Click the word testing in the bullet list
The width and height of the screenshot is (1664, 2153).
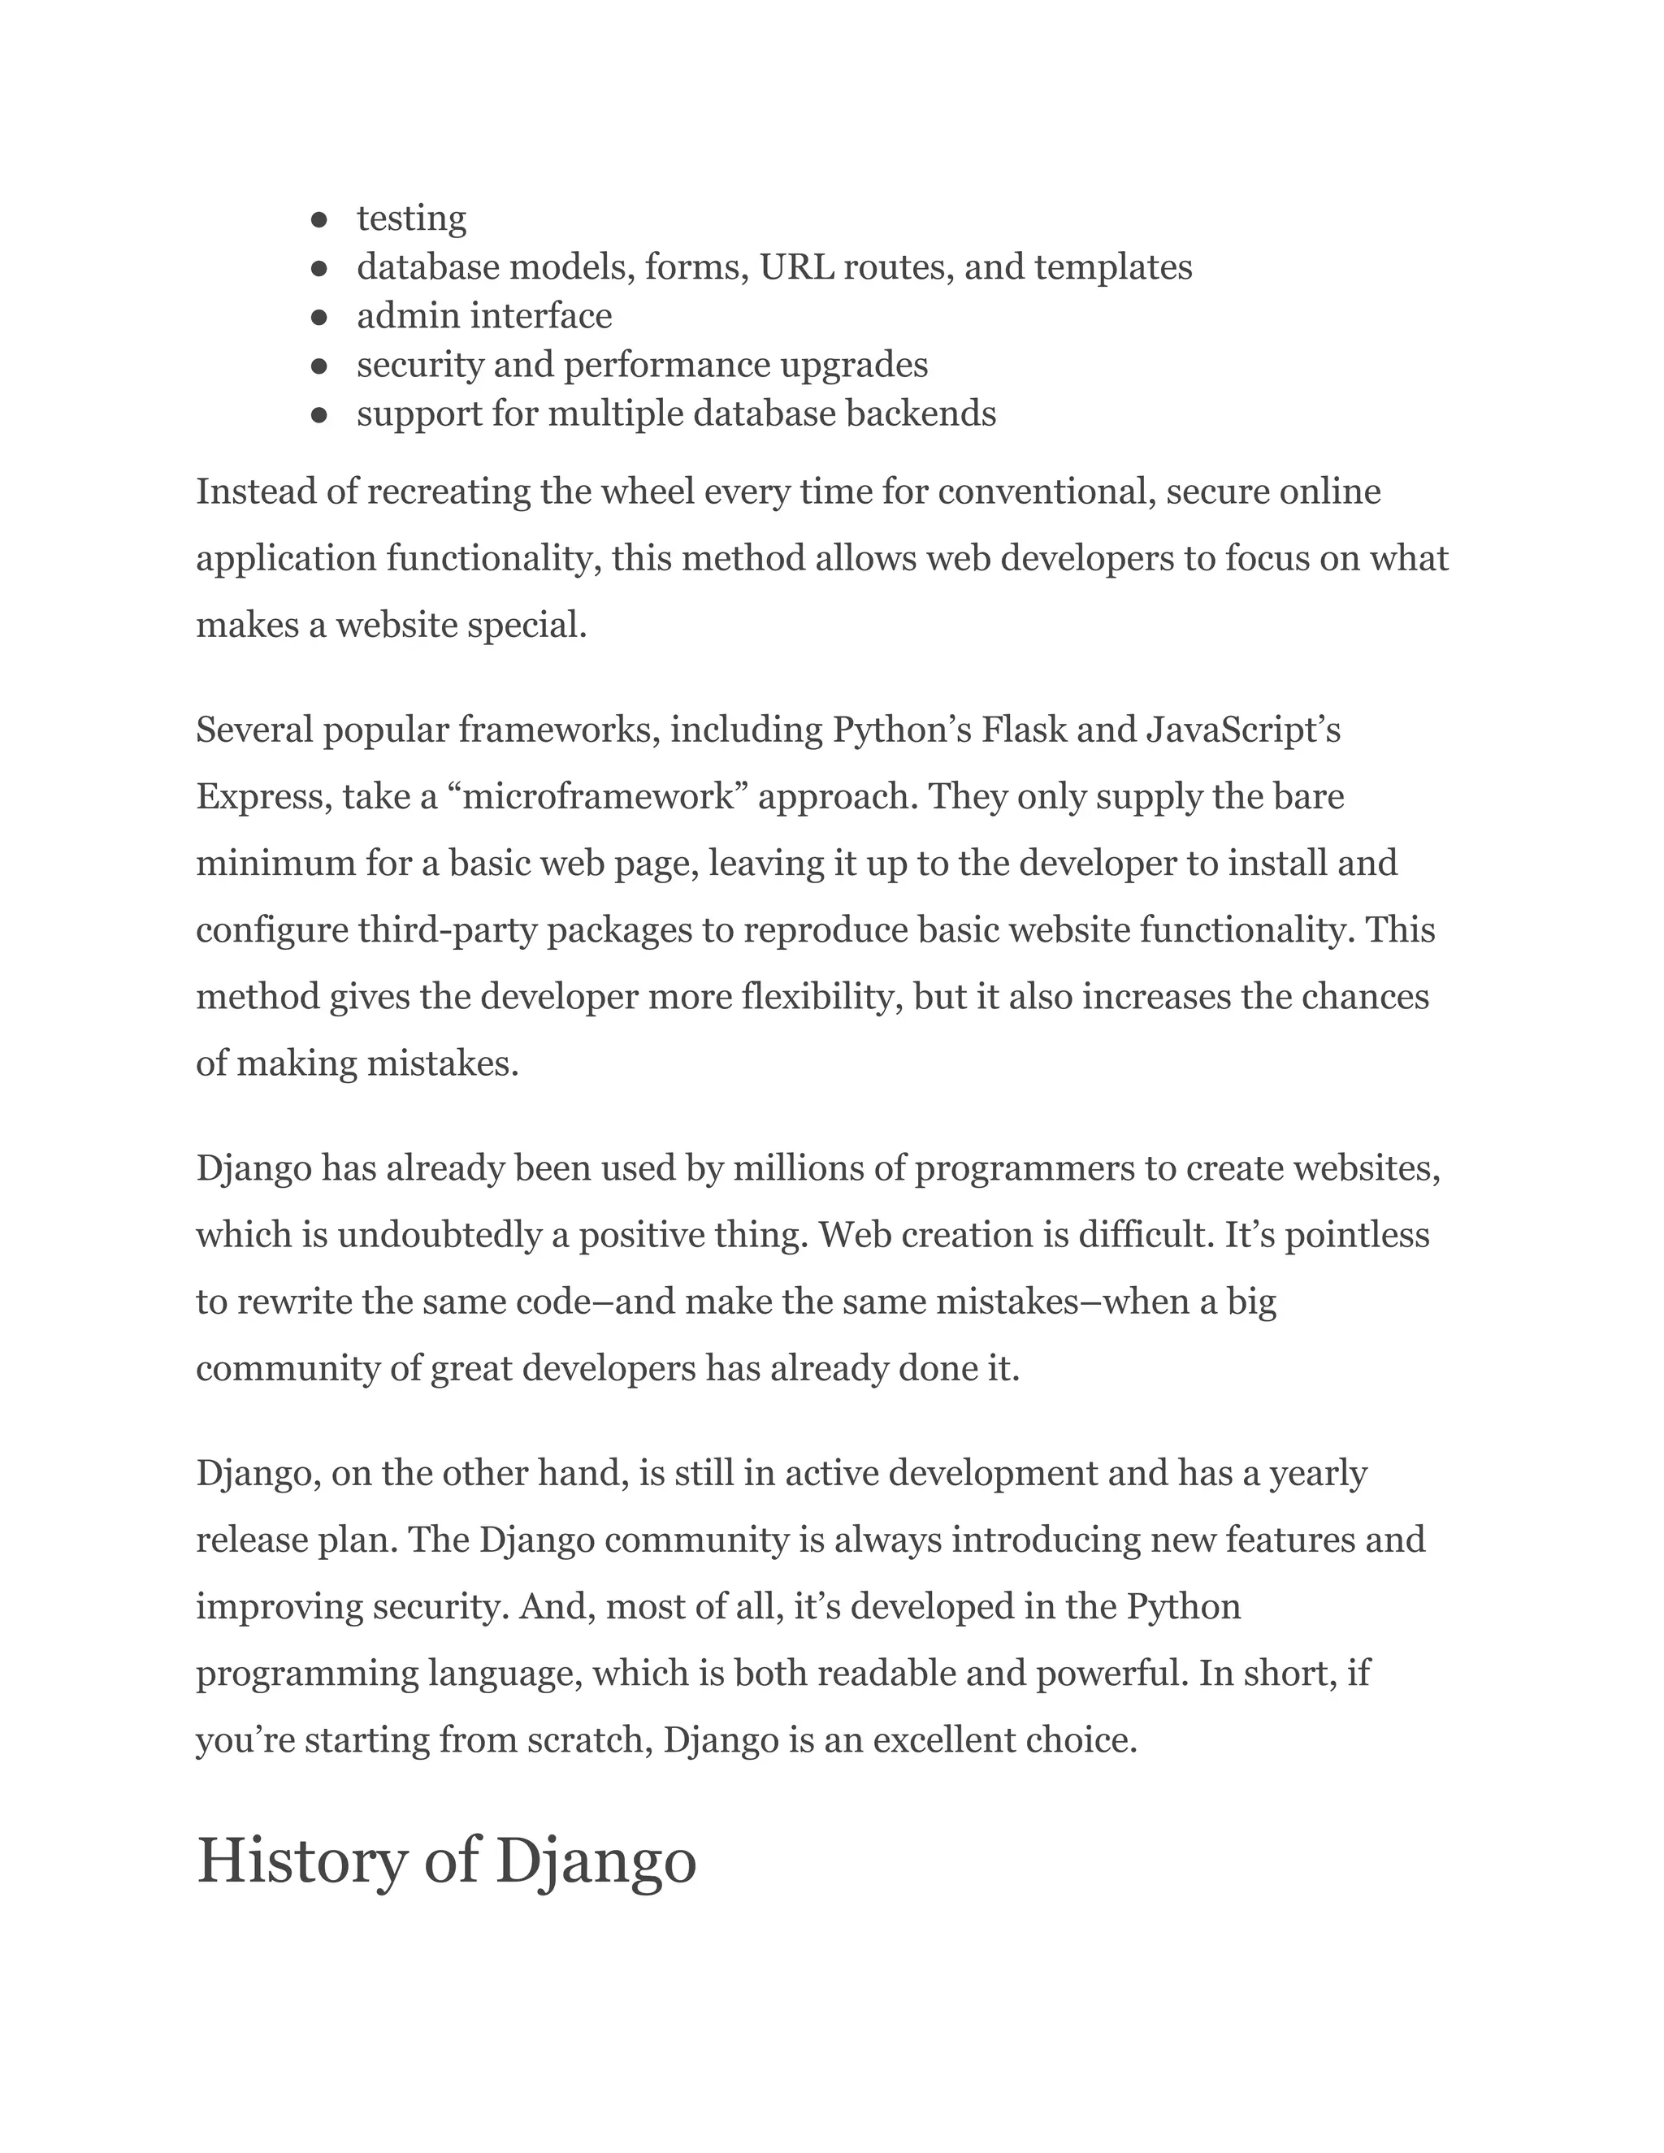click(411, 219)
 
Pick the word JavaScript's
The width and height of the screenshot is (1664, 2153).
click(1242, 730)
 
